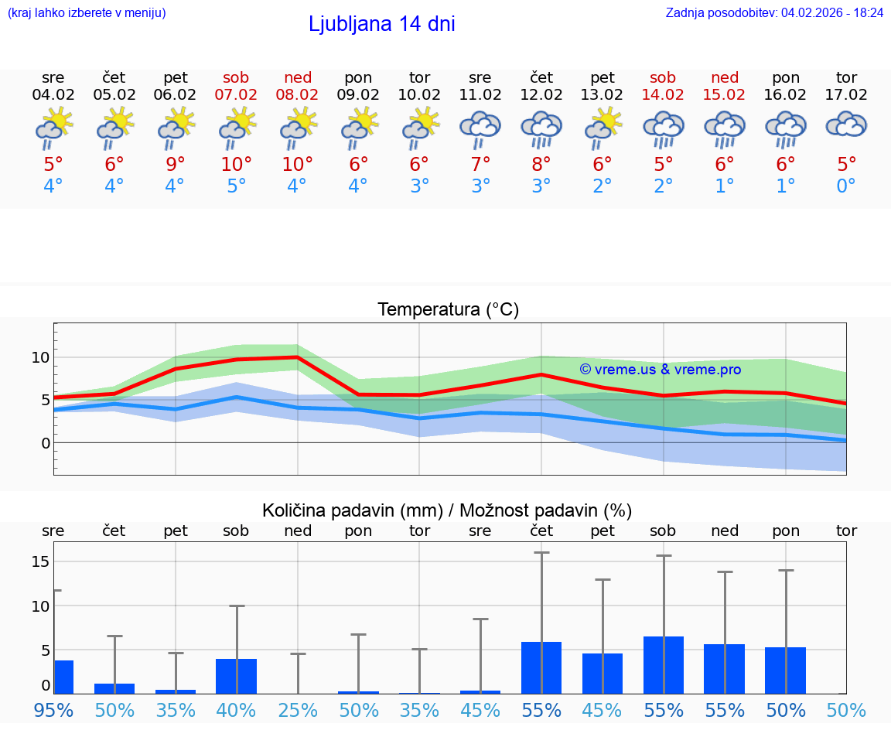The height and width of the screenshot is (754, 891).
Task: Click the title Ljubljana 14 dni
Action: (381, 24)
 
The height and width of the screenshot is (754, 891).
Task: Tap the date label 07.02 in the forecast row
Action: (237, 94)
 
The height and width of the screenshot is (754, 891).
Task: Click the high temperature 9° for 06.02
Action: (176, 165)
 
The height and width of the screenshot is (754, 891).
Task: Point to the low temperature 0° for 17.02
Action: (846, 186)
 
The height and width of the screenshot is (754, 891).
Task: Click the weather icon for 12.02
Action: (541, 128)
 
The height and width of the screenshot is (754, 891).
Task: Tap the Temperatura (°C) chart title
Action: (448, 310)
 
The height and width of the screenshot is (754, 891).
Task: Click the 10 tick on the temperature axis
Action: (40, 357)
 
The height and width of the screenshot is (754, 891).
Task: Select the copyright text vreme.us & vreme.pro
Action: (661, 370)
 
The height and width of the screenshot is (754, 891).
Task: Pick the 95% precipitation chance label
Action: (53, 710)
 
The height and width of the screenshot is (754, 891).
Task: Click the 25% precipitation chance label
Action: (298, 710)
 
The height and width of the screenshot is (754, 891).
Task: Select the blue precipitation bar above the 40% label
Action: (237, 676)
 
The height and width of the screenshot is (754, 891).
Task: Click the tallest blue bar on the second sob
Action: (664, 665)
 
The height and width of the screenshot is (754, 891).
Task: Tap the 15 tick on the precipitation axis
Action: (40, 561)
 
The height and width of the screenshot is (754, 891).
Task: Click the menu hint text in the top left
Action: (87, 12)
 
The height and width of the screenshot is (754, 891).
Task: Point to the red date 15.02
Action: (725, 94)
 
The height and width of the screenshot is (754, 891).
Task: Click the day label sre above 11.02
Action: (480, 77)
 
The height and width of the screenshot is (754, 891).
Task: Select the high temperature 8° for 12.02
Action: (541, 165)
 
